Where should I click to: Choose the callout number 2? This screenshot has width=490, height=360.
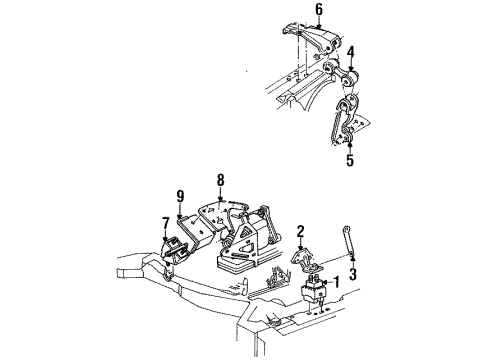tap(300, 231)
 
